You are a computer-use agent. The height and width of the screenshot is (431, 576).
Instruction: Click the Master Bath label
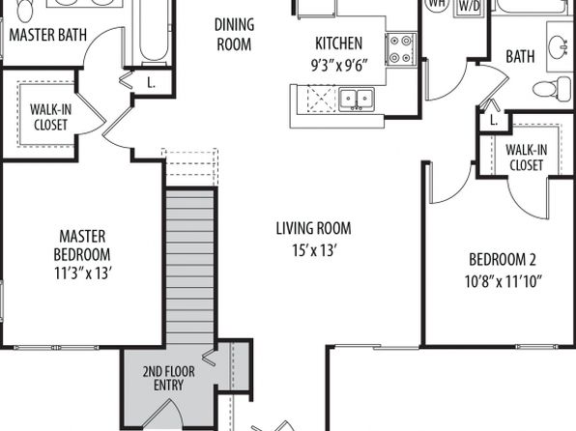[x=47, y=35]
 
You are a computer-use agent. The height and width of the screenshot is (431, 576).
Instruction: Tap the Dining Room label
[x=235, y=35]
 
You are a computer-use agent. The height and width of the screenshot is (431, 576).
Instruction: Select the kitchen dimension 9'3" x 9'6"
[x=339, y=66]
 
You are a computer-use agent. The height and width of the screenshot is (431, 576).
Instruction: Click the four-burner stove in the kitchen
[x=401, y=48]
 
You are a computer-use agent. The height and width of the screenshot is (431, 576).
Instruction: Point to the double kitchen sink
[x=357, y=99]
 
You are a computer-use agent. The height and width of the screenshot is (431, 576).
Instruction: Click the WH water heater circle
[x=437, y=4]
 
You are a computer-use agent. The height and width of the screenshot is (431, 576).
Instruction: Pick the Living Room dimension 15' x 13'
[x=314, y=251]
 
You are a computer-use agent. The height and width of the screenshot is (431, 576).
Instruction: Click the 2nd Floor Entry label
[x=168, y=378]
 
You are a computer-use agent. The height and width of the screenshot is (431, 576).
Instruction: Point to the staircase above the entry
[x=189, y=267]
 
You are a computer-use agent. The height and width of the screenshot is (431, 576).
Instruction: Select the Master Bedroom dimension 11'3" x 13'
[x=83, y=273]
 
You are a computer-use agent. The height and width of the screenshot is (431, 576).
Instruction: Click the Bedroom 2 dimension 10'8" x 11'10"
[x=504, y=282]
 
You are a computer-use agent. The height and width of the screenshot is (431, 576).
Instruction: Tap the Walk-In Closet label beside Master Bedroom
[x=50, y=117]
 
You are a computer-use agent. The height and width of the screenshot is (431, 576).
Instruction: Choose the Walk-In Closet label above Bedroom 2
[x=526, y=158]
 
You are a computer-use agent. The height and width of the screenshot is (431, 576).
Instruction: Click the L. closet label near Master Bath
[x=151, y=83]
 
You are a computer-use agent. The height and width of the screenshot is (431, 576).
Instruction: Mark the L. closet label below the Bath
[x=494, y=120]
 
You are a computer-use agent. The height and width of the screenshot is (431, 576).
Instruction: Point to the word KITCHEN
[x=338, y=43]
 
